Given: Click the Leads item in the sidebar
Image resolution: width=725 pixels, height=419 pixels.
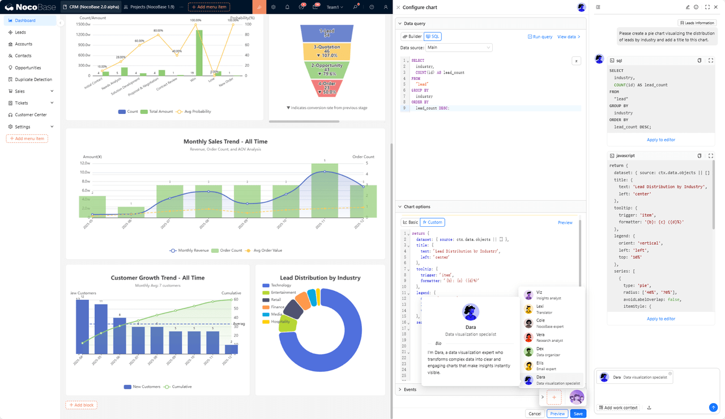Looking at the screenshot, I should [x=20, y=32].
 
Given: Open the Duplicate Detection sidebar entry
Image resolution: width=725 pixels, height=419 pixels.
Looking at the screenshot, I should [x=33, y=79].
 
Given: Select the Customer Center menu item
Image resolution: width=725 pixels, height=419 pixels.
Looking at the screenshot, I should [x=31, y=115].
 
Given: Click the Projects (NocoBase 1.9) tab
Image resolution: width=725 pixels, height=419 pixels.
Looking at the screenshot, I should [x=149, y=7].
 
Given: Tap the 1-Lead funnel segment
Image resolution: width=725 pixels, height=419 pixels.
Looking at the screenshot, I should [x=327, y=33].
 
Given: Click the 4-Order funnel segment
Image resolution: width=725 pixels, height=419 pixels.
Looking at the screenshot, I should [x=327, y=88].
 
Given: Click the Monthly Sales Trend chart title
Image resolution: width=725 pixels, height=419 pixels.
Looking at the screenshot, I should [x=225, y=142].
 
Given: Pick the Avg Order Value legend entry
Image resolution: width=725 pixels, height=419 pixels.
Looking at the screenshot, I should [x=267, y=250].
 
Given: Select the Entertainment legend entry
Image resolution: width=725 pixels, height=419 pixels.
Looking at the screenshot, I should [x=283, y=293].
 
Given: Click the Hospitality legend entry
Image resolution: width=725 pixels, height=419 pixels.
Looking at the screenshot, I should [x=280, y=321].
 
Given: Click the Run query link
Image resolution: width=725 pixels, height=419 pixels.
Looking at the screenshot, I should [x=540, y=36].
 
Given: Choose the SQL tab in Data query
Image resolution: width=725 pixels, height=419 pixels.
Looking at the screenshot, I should [x=432, y=36].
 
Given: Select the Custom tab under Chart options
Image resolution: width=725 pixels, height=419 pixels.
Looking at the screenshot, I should [x=432, y=222].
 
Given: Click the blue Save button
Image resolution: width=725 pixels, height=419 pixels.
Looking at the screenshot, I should [x=578, y=413].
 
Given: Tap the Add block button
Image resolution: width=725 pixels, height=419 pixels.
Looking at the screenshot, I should [x=81, y=405].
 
